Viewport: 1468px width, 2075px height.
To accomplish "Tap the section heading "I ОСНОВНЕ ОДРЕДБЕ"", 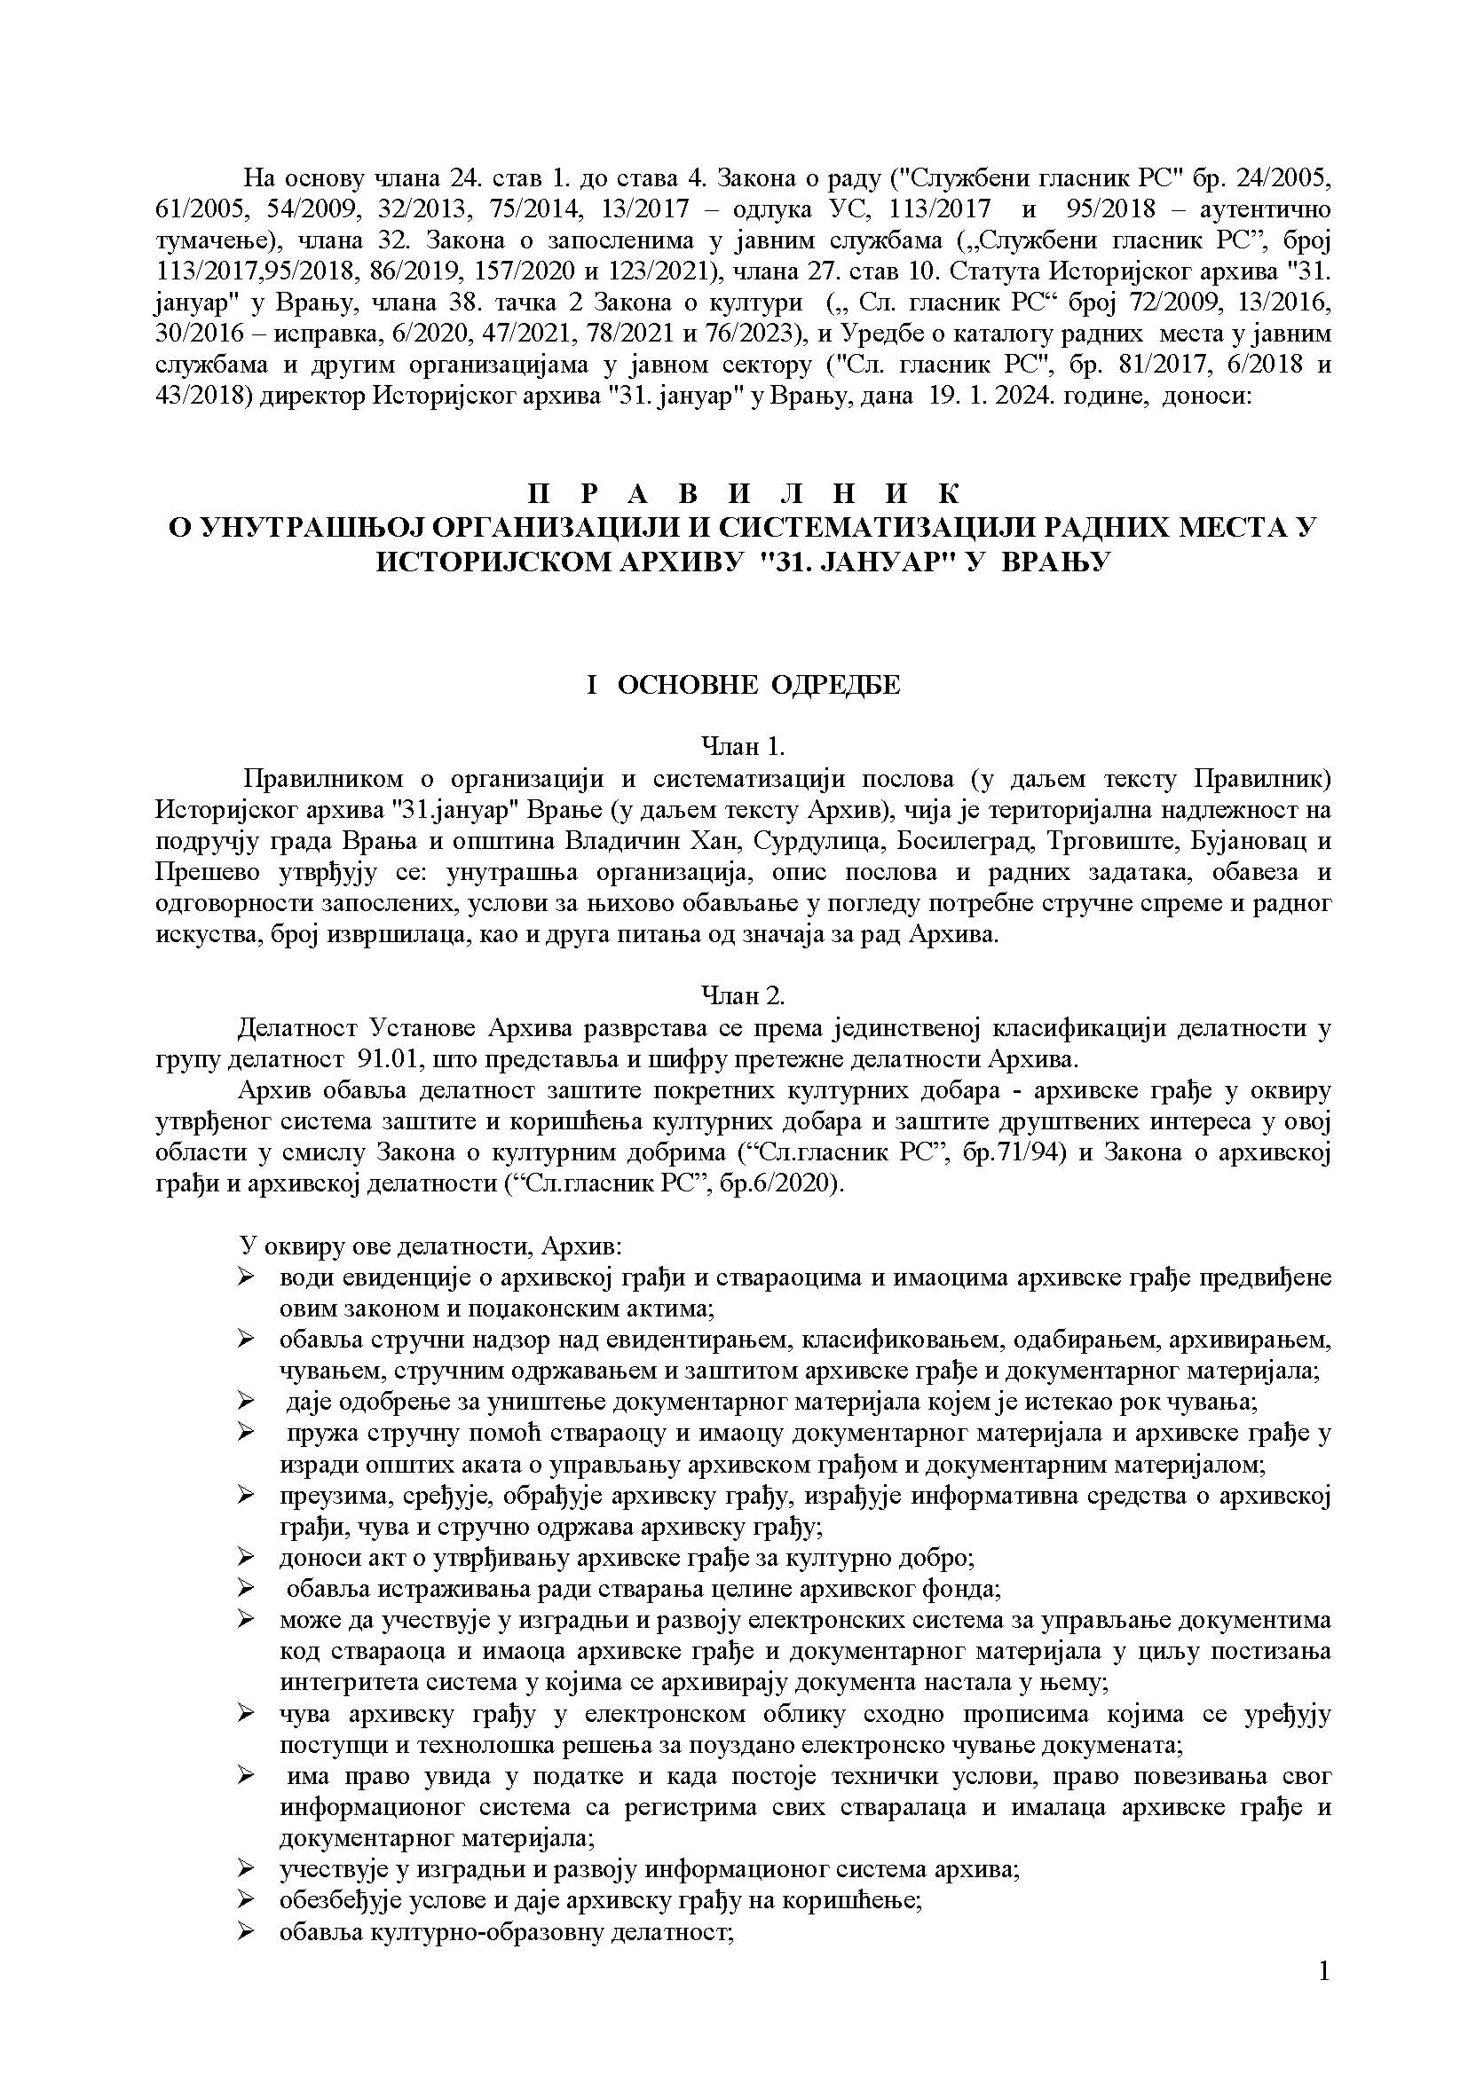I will point(742,684).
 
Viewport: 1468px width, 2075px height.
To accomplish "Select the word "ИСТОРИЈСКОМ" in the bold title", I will point(480,561).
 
